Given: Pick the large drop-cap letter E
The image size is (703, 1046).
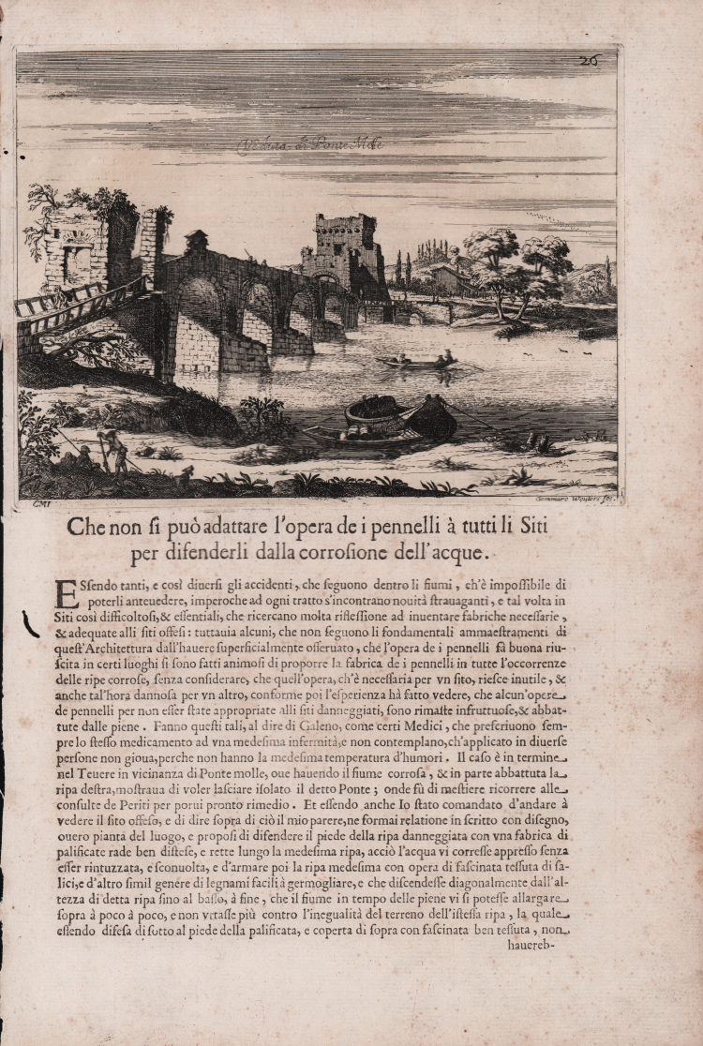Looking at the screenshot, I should click(66, 594).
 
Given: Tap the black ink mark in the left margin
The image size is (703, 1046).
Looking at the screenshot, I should click(28, 621).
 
